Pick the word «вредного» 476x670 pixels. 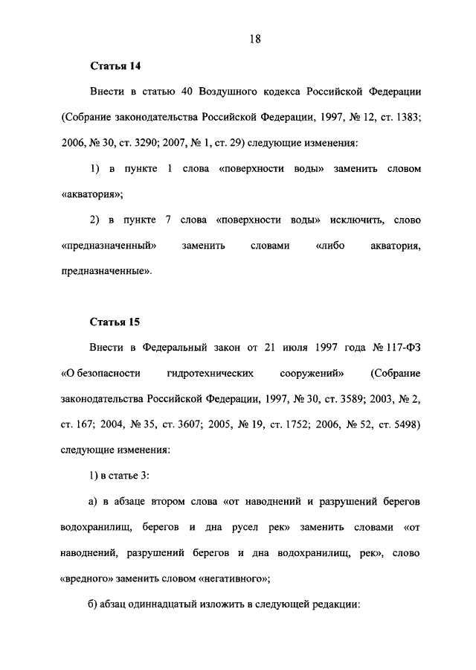(x=86, y=578)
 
